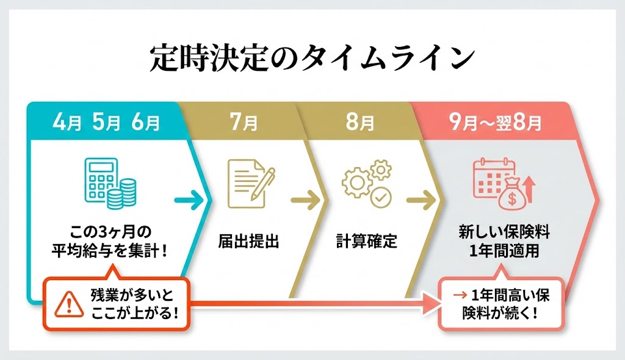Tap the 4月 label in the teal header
[67, 123]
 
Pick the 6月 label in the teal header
[145, 123]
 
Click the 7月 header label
[244, 123]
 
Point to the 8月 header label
[360, 123]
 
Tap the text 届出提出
[248, 241]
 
